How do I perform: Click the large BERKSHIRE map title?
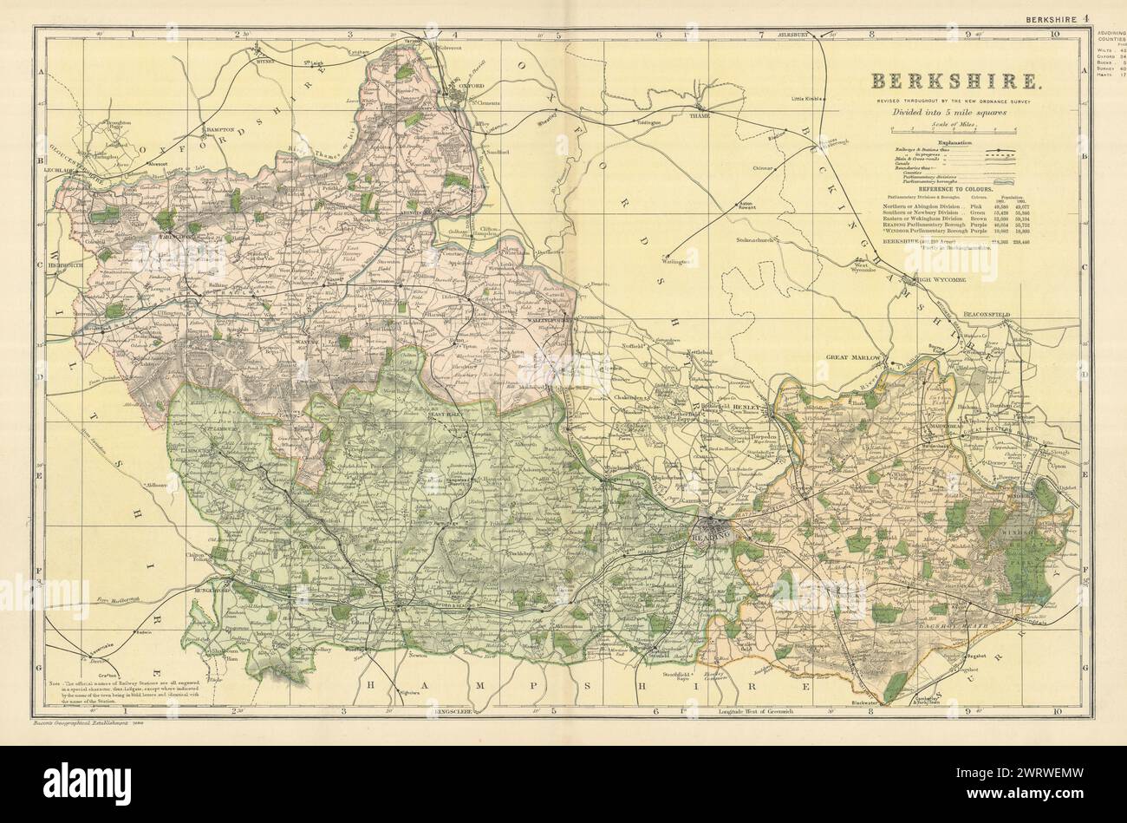(956, 82)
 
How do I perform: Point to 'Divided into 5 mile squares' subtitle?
(956, 112)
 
